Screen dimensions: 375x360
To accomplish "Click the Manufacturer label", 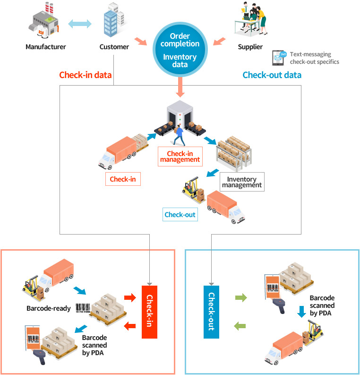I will point(46,47).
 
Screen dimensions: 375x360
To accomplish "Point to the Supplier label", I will point(250,47).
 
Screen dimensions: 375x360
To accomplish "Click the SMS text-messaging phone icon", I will point(280,58).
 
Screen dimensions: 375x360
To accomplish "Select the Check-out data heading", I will point(272,75).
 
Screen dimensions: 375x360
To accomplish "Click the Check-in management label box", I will point(184,157).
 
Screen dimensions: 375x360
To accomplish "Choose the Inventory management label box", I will point(242,182).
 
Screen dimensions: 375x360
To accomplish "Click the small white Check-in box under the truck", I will point(123,179).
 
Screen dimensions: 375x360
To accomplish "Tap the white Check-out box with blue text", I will point(180,215).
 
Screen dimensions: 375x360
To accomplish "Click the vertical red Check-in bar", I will point(149,312).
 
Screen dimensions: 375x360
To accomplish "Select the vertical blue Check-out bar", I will point(211,312).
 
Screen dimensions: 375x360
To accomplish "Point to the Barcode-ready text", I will point(49,309).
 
